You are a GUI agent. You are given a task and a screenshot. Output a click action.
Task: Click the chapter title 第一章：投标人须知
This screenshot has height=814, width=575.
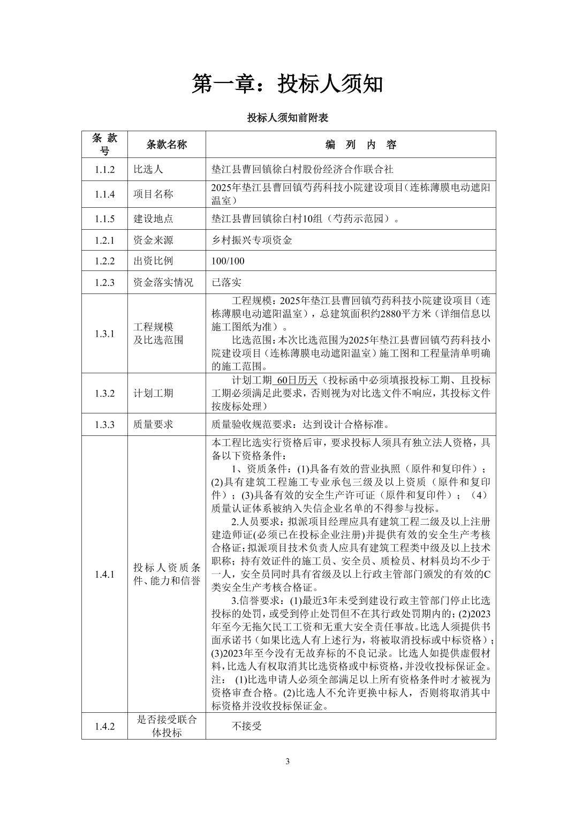287,84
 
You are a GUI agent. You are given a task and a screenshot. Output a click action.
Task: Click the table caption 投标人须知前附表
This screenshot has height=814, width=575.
287,118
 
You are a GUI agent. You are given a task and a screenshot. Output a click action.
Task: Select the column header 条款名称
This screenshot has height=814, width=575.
167,145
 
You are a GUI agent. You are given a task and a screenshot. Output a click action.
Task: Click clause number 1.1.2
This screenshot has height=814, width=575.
105,170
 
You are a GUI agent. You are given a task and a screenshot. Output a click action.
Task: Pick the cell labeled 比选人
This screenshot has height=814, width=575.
148,170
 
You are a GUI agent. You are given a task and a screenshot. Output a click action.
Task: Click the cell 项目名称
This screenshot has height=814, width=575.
153,194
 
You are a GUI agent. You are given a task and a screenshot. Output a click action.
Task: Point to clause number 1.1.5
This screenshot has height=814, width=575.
105,219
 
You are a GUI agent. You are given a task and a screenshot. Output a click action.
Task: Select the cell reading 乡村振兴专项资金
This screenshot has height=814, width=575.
252,240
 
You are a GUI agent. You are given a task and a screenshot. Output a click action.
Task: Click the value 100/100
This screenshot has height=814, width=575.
228,261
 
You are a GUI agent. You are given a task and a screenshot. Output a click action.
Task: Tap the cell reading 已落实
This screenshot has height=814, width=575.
226,283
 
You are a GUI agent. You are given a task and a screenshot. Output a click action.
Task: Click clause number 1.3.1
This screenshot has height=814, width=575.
105,334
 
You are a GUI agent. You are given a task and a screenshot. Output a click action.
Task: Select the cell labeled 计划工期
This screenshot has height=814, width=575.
153,393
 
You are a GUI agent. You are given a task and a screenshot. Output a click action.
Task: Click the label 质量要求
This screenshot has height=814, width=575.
153,425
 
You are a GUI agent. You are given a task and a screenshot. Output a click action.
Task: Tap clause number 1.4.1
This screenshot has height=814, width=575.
105,575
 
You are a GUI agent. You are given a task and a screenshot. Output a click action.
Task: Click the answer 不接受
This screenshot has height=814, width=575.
246,727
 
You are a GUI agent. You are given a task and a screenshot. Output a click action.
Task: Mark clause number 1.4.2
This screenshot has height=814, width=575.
105,727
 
